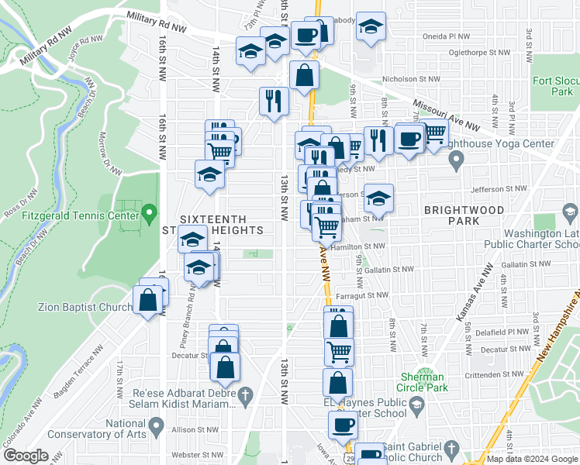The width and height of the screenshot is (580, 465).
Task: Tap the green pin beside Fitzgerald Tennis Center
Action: (150, 211)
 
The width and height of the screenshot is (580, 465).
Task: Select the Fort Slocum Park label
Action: (552, 86)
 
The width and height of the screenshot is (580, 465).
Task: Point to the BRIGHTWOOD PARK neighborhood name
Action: (453, 215)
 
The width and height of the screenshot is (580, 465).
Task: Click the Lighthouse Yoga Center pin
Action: (457, 161)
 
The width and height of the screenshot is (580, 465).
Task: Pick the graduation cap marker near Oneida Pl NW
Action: (371, 27)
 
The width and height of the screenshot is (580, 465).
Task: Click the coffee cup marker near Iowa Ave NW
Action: (343, 425)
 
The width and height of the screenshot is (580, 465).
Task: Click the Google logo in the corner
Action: (26, 456)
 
